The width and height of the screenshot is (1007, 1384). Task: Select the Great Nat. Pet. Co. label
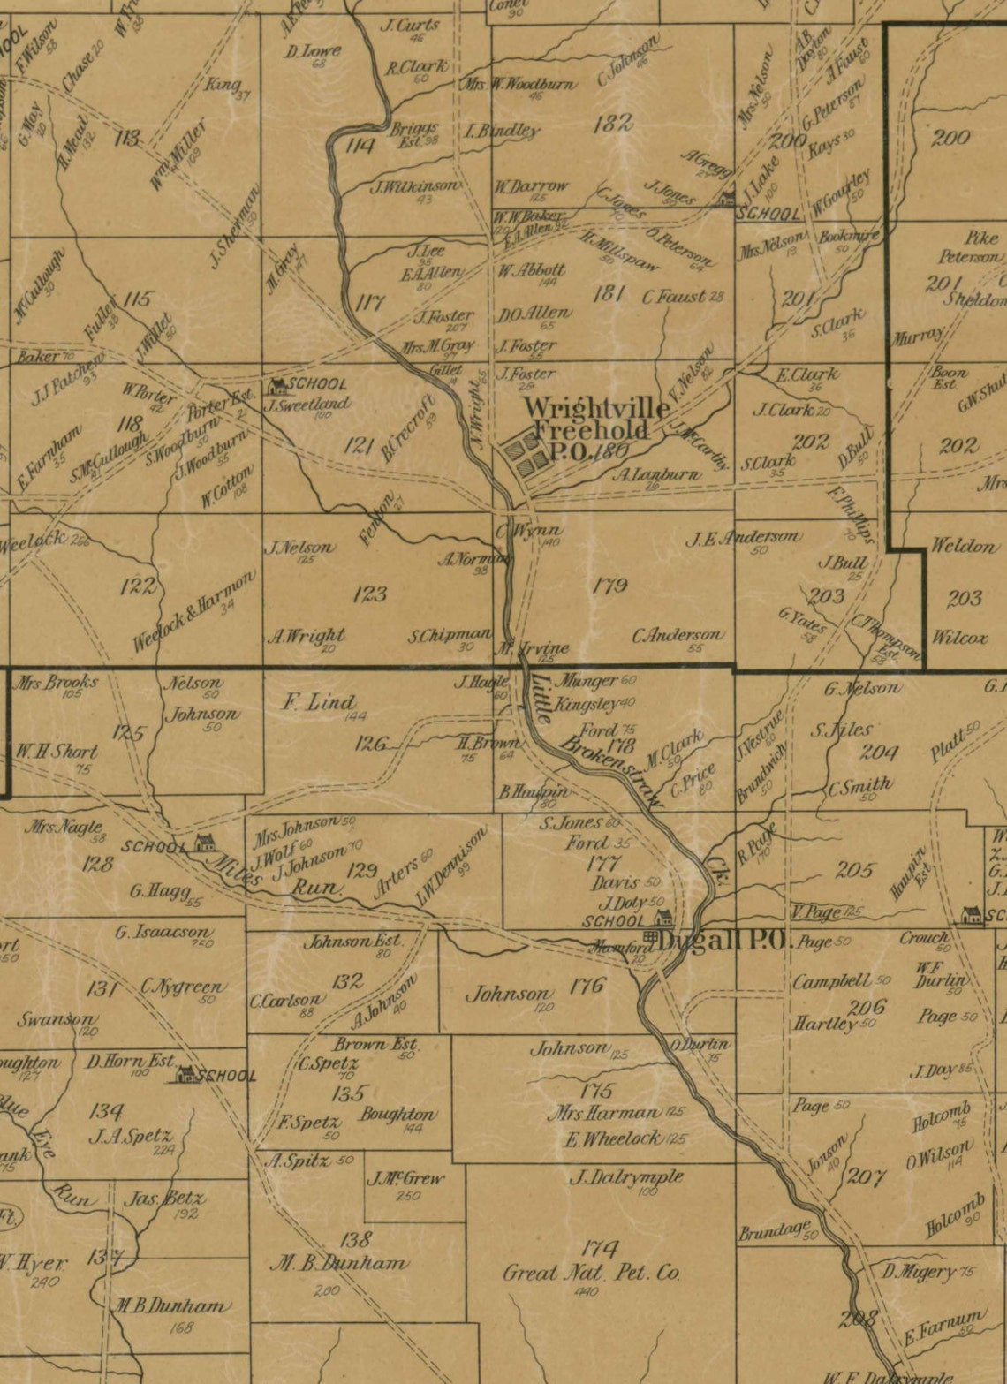(x=591, y=1273)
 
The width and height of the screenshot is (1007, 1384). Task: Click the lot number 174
(x=600, y=1248)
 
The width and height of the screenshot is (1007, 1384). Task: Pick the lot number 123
(x=369, y=594)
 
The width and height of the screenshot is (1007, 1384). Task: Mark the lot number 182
(x=613, y=124)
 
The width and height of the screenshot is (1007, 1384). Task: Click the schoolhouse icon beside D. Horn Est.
(x=187, y=1075)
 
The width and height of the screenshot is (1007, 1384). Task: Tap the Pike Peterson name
(x=970, y=247)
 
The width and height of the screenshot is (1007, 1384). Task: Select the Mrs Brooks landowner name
(x=56, y=683)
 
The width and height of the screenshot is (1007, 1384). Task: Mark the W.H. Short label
(x=57, y=752)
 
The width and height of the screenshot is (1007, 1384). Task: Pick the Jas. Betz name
(x=164, y=1199)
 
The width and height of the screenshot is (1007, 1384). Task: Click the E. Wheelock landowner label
(x=612, y=1138)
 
